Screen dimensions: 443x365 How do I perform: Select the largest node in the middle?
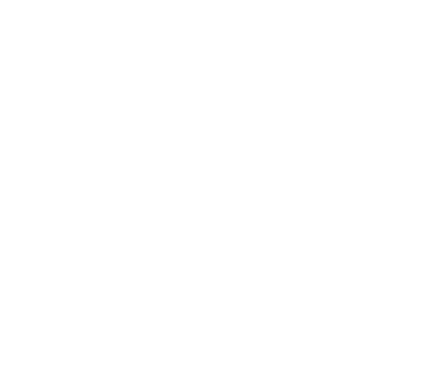(164, 137)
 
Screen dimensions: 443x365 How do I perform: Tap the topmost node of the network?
(231, 31)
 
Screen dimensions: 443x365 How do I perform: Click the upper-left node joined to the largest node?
(48, 105)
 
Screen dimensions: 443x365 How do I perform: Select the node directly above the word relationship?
(110, 278)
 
